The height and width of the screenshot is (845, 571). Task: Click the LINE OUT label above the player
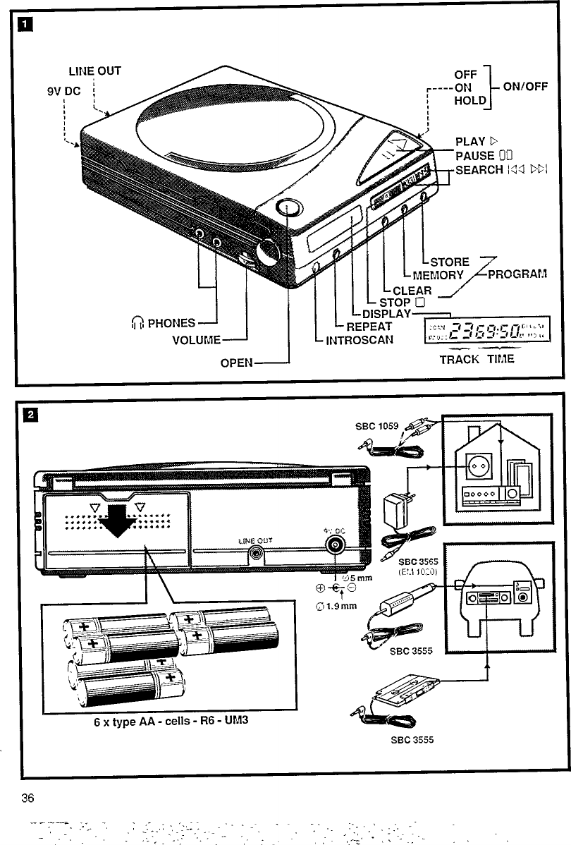click(x=94, y=71)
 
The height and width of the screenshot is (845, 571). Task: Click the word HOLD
click(x=469, y=101)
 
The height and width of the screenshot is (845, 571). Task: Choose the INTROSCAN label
click(x=360, y=340)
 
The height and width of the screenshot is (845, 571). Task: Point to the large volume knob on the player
click(x=269, y=252)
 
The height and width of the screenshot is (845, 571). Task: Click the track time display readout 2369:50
click(x=485, y=330)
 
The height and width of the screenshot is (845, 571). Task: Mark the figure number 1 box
click(x=26, y=27)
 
